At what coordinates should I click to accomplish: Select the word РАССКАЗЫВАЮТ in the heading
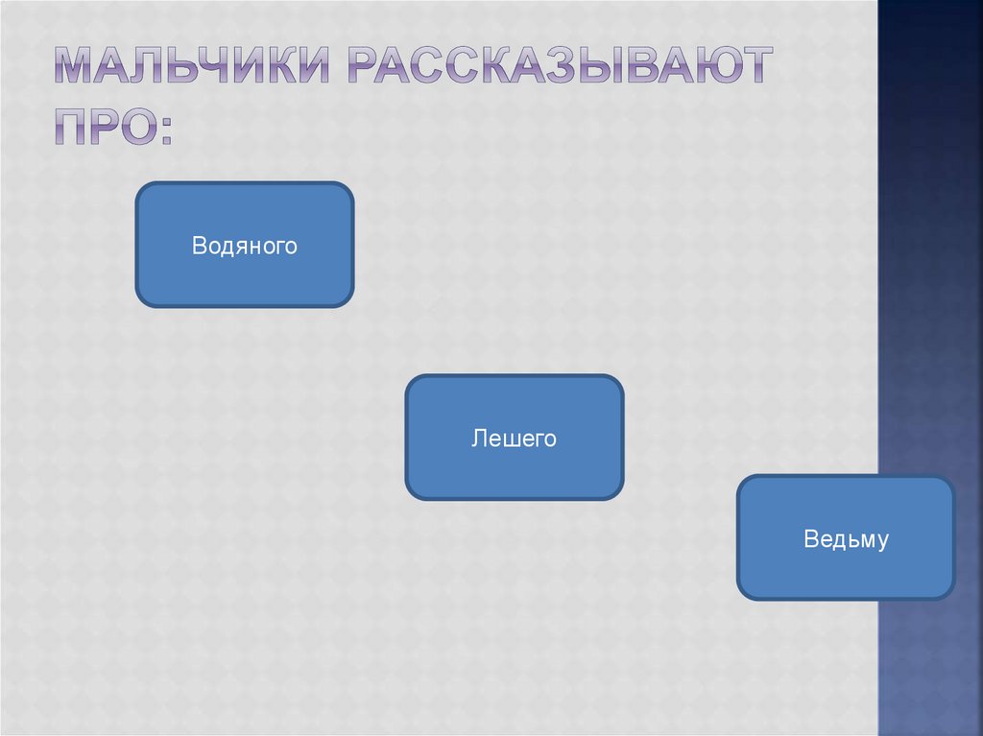pos(555,66)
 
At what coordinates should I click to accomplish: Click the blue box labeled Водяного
pos(245,245)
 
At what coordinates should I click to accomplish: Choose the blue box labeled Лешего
pos(515,438)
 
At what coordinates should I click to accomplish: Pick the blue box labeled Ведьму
pos(846,537)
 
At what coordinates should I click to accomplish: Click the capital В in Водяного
pos(199,246)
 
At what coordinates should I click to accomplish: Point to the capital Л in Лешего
pos(478,439)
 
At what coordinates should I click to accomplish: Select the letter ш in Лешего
pos(509,439)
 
